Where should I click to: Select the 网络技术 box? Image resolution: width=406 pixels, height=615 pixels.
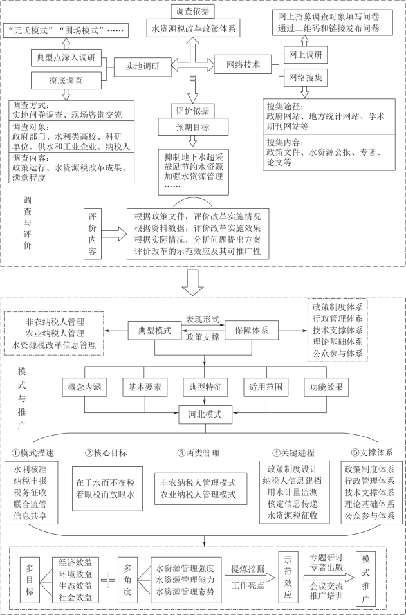point(243,66)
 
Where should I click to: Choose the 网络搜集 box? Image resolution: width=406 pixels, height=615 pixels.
point(305,78)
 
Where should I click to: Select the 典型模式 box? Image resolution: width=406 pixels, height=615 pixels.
point(154,330)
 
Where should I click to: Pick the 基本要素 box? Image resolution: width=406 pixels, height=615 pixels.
point(145,389)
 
